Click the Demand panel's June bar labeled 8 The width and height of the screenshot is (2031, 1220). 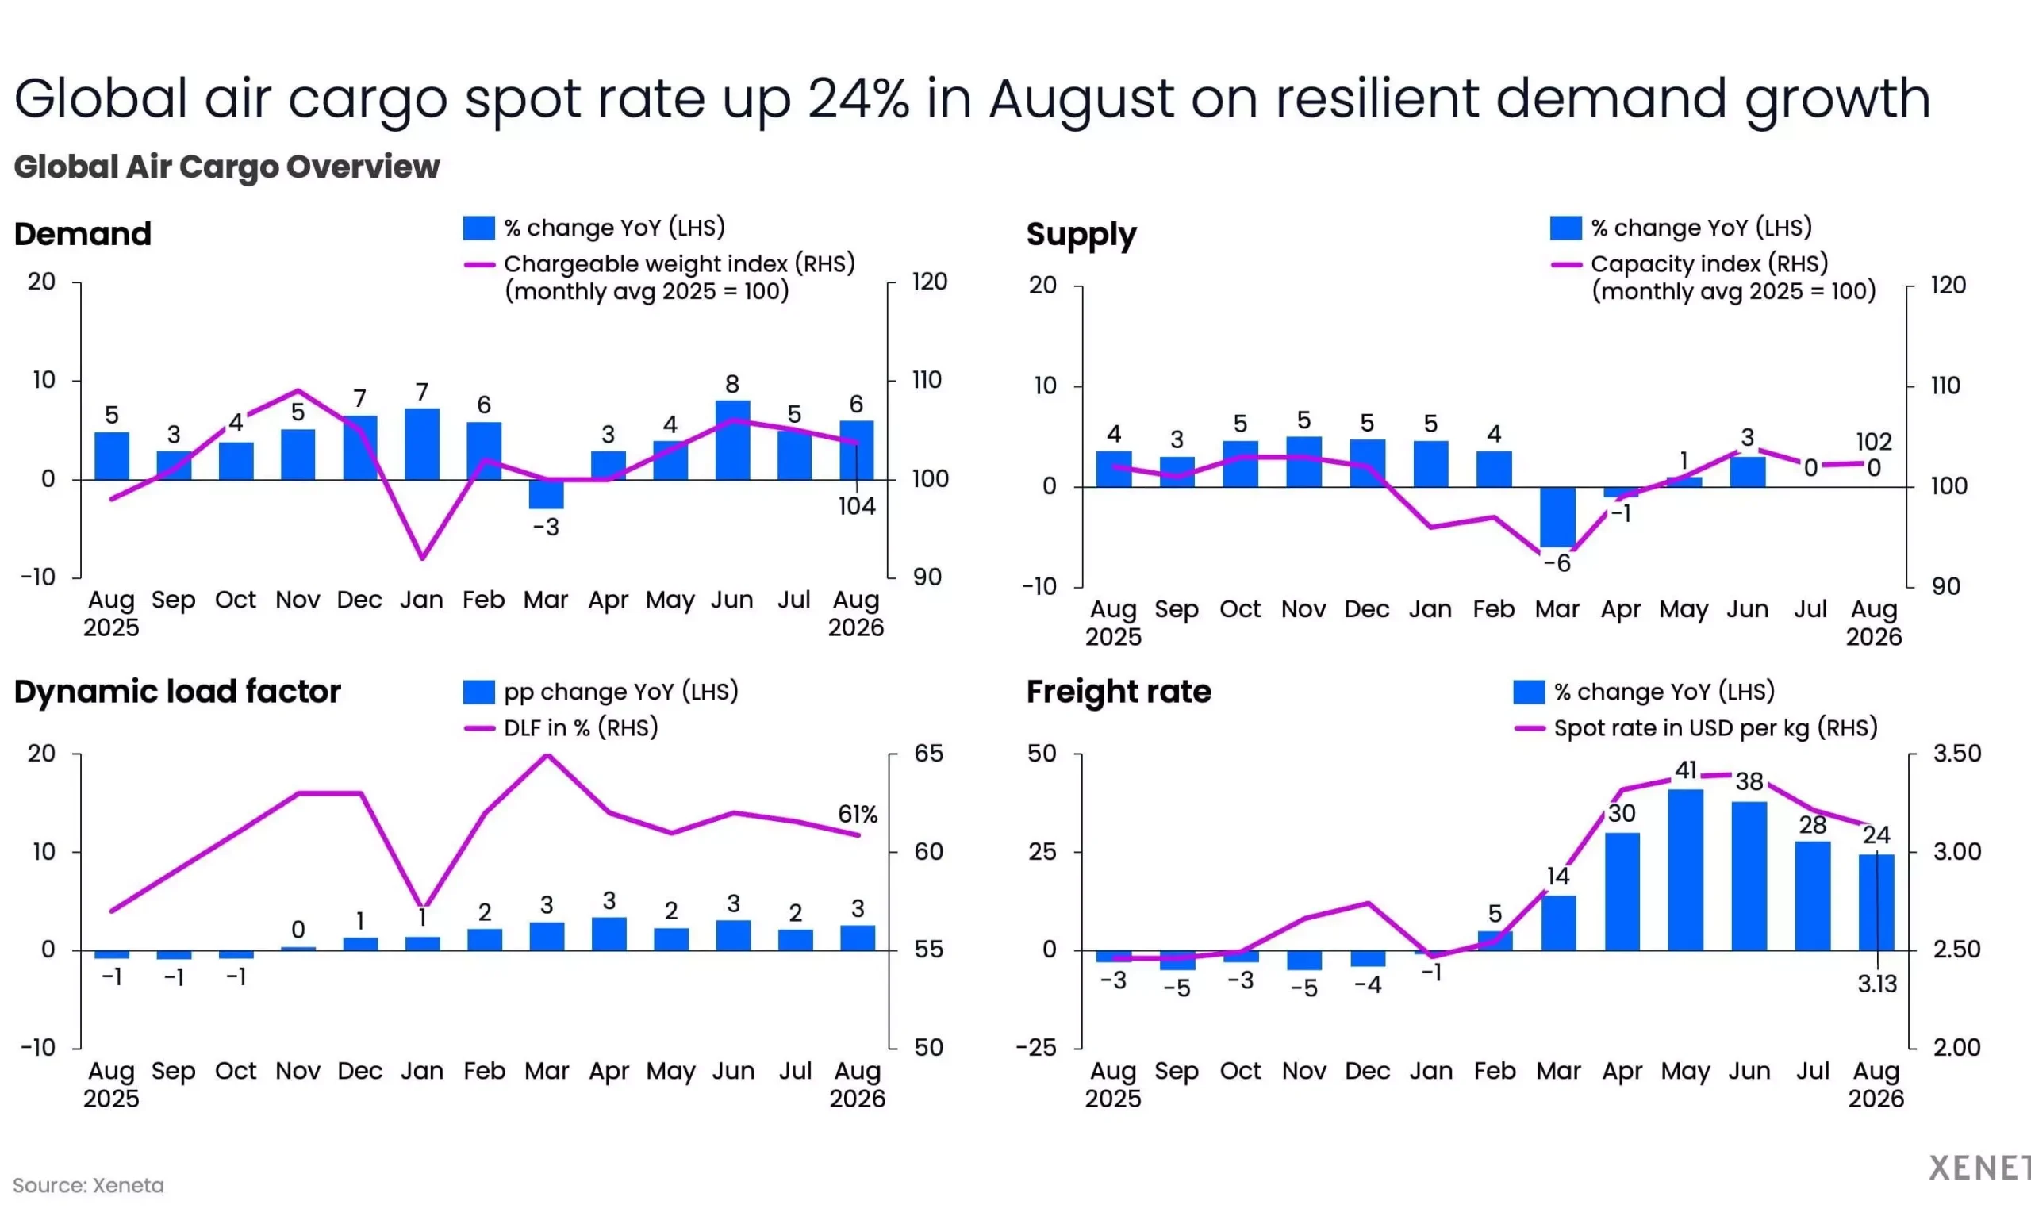click(732, 439)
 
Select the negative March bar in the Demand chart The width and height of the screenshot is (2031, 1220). click(546, 494)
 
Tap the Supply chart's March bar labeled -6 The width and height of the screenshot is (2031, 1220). click(1557, 517)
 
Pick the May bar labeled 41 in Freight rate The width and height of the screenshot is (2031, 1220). click(1686, 869)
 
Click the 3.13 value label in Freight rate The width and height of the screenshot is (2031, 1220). click(1877, 984)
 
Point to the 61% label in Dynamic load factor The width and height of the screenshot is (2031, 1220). click(858, 814)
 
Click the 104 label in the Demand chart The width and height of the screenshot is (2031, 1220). click(857, 506)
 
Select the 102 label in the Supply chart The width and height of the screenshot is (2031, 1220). click(1874, 442)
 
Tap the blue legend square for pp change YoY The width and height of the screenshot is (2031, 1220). click(478, 692)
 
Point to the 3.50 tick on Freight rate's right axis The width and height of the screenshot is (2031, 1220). click(1957, 754)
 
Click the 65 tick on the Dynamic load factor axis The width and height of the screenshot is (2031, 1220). click(928, 754)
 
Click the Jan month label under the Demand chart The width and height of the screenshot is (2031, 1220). click(422, 600)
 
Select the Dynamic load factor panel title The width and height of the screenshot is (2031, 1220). click(178, 692)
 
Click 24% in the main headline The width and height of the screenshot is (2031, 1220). click(858, 98)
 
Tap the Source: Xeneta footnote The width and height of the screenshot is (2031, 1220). click(89, 1185)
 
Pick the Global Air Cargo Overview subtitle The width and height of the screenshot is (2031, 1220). click(227, 167)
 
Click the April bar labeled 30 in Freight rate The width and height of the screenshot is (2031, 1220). click(1622, 892)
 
